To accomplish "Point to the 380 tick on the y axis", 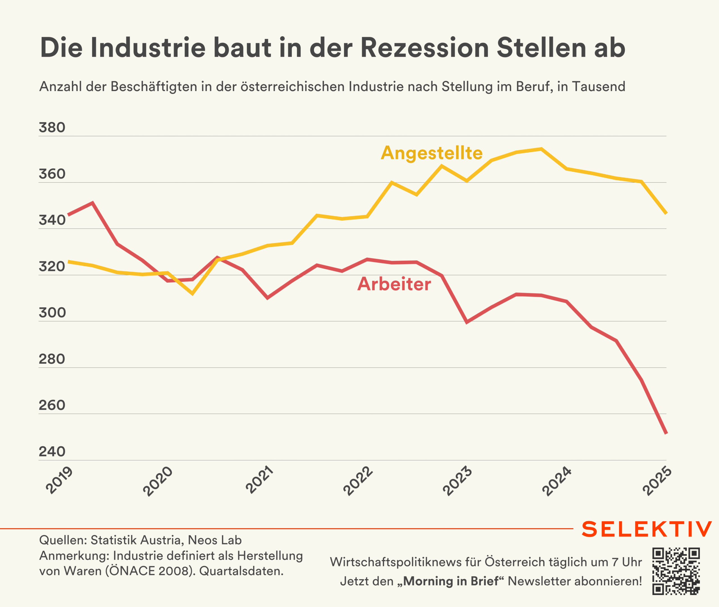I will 52,128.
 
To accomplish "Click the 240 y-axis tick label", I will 52,451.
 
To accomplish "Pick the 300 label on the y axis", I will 52,313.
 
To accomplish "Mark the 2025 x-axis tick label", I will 657,481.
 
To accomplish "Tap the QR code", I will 676,571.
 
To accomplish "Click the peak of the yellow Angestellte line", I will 541,149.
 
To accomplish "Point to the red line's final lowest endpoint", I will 666,433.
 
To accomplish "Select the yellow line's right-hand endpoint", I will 666,213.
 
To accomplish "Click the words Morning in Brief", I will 451,581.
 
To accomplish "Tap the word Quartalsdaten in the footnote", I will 241,571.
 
